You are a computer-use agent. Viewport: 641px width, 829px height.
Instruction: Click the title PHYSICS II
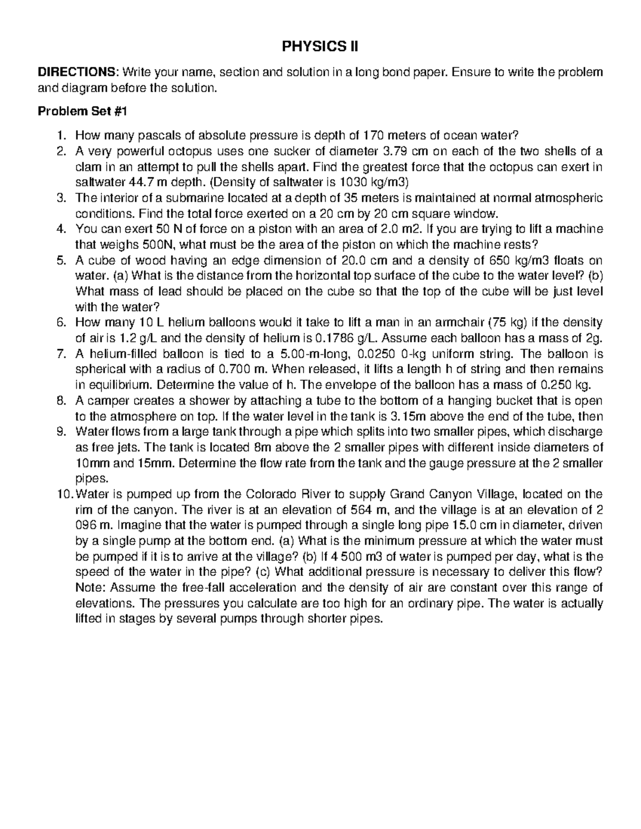point(320,48)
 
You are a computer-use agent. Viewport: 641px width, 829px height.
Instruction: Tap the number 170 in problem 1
point(373,135)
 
